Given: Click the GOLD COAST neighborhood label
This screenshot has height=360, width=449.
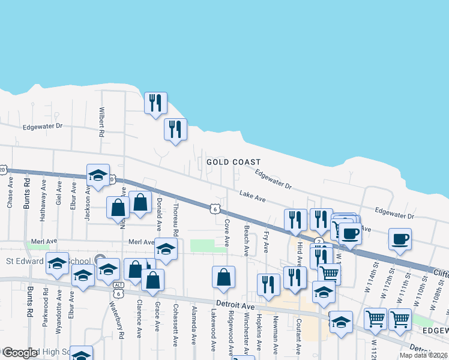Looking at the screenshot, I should click(234, 162).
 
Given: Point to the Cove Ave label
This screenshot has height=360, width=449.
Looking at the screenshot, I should click(227, 232).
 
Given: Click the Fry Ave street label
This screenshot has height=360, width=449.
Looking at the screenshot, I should click(267, 242).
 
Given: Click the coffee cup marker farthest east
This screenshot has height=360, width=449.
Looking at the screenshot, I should click(400, 239).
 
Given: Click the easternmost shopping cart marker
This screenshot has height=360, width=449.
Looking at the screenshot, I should click(400, 319).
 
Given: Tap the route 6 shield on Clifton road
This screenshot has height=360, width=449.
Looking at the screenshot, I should click(214, 209).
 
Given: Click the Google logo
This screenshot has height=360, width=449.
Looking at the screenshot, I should click(20, 353).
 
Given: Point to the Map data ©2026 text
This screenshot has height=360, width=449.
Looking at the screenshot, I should click(423, 355).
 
